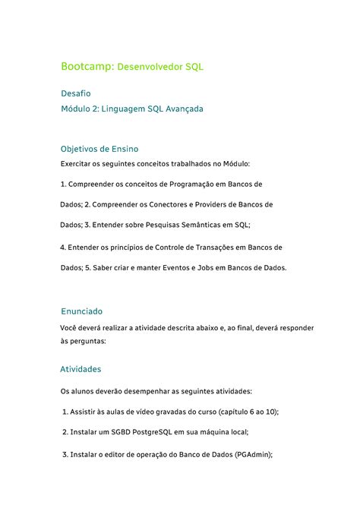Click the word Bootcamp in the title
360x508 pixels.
[86, 67]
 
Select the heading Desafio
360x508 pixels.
[75, 93]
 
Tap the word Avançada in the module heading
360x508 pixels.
[182, 109]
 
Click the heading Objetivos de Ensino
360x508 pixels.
[99, 148]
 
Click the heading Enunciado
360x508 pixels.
[81, 311]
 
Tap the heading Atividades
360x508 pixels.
[81, 369]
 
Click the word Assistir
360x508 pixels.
[83, 412]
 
